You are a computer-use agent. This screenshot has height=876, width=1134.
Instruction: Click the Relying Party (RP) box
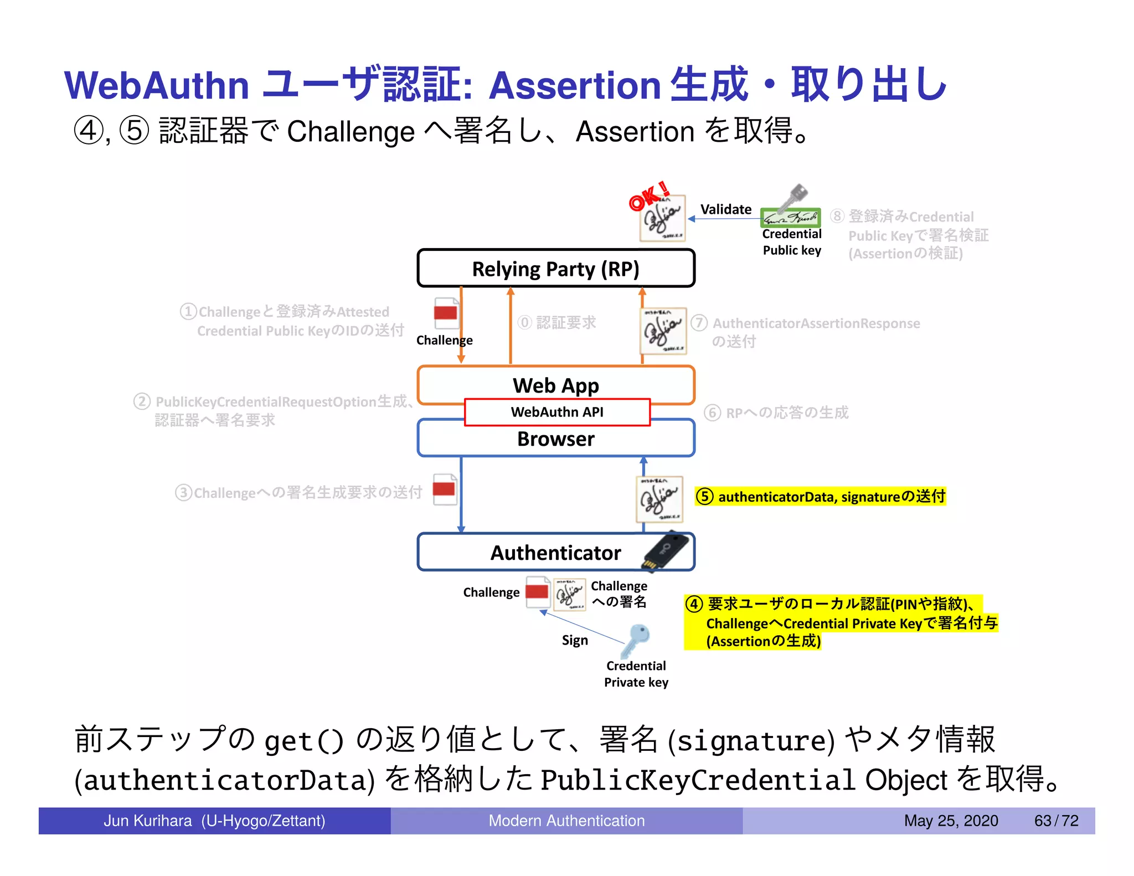click(x=555, y=269)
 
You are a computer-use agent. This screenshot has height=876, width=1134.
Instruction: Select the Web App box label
click(x=555, y=385)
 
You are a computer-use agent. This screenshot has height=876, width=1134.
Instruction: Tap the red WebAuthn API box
click(x=557, y=412)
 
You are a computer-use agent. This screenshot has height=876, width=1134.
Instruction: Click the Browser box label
click(x=555, y=439)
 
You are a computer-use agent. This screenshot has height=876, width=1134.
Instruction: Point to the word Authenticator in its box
click(x=555, y=553)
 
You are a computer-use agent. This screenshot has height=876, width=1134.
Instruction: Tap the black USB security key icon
click(x=666, y=551)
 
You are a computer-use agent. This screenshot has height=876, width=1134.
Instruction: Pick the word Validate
click(x=725, y=209)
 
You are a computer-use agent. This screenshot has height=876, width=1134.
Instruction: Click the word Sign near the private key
click(x=575, y=640)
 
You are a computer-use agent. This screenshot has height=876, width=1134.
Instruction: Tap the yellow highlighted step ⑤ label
click(x=821, y=496)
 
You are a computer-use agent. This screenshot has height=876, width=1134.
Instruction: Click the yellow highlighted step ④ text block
click(x=841, y=622)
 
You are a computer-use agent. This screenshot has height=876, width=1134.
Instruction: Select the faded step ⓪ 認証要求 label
click(x=557, y=322)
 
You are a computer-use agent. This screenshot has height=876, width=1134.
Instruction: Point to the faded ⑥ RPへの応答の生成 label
click(x=776, y=413)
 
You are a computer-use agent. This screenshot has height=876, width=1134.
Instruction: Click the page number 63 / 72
click(x=1056, y=821)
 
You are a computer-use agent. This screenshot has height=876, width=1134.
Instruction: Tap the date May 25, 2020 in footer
click(x=951, y=821)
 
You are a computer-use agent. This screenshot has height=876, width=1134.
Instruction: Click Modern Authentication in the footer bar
click(x=566, y=821)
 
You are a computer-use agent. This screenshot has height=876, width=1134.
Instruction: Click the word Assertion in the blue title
click(x=575, y=86)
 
